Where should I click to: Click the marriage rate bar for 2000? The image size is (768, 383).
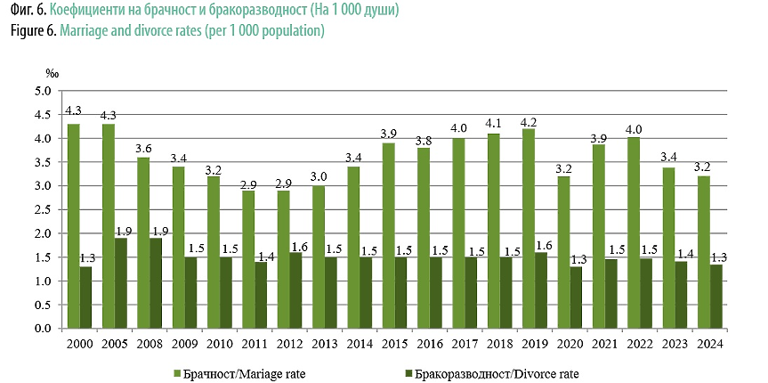(73, 226)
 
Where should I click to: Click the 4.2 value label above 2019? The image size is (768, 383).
(529, 122)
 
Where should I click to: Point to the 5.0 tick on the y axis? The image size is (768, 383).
(42, 91)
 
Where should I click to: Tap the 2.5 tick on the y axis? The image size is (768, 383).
(42, 209)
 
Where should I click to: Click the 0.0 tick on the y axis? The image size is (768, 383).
(42, 329)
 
